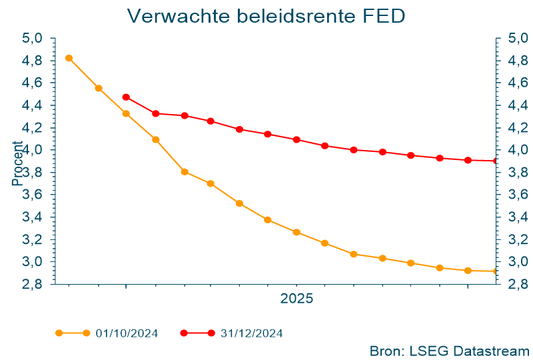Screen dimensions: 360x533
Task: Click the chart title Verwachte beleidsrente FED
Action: [266, 16]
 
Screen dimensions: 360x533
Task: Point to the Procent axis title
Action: [17, 163]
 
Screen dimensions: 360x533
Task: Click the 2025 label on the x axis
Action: [296, 299]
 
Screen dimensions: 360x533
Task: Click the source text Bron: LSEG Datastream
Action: [449, 350]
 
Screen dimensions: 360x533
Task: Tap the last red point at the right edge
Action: [496, 161]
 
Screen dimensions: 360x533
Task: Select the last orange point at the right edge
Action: [496, 271]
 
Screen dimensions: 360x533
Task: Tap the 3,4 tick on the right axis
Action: [517, 217]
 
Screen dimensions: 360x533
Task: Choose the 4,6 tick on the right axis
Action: [517, 83]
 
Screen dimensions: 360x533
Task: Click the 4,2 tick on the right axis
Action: [517, 127]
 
